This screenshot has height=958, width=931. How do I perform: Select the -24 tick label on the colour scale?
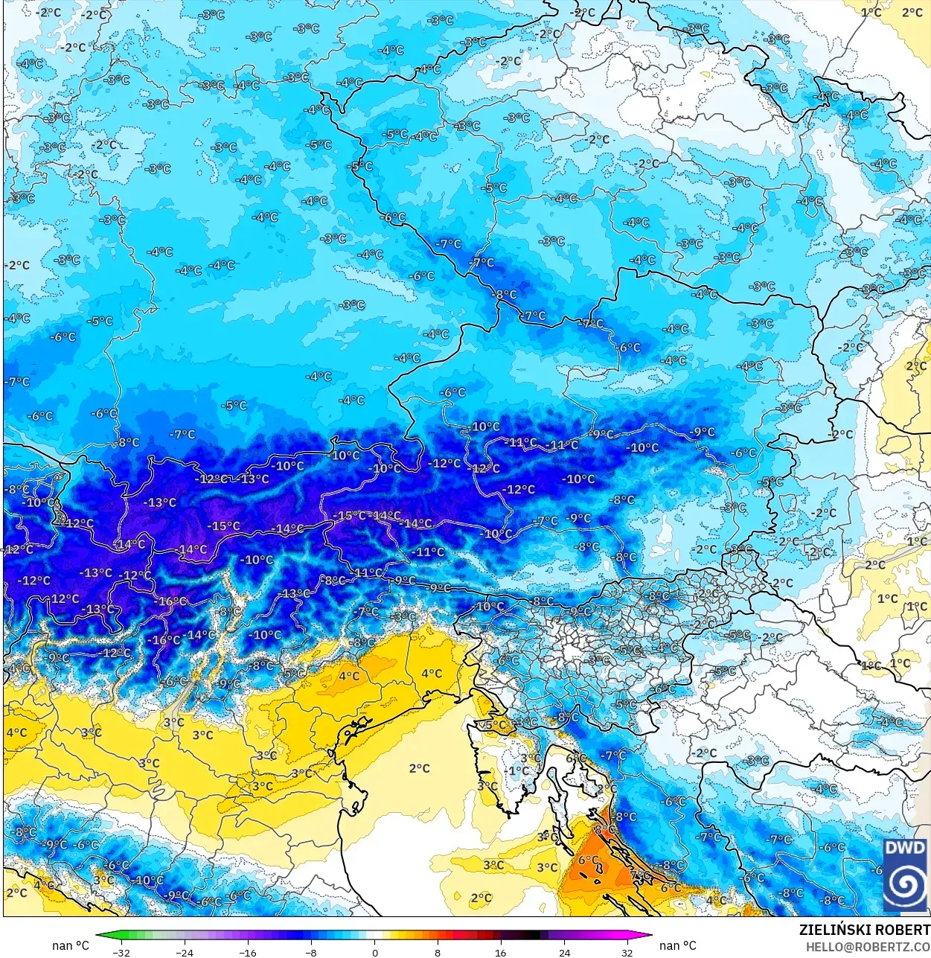pos(184,952)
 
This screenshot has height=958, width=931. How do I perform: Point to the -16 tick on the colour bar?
pos(248,952)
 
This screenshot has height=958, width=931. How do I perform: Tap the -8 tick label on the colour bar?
pos(311,952)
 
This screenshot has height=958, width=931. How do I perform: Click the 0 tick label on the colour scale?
pos(374,952)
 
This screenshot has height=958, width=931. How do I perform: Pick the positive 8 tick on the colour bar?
pos(438,952)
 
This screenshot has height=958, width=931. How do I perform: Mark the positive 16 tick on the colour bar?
pos(501,952)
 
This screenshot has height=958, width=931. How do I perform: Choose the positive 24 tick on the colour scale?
pos(564,952)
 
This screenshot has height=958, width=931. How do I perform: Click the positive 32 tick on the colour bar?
pos(627,952)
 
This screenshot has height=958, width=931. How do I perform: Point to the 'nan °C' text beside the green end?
pos(70,945)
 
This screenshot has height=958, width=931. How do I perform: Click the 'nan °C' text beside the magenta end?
pos(678,945)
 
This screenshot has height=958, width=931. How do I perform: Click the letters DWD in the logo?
pos(906,848)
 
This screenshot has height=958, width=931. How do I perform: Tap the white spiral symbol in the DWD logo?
pos(906,884)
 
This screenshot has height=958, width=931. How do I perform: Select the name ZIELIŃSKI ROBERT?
pos(864,930)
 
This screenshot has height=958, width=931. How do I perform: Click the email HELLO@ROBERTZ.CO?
pos(868,947)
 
